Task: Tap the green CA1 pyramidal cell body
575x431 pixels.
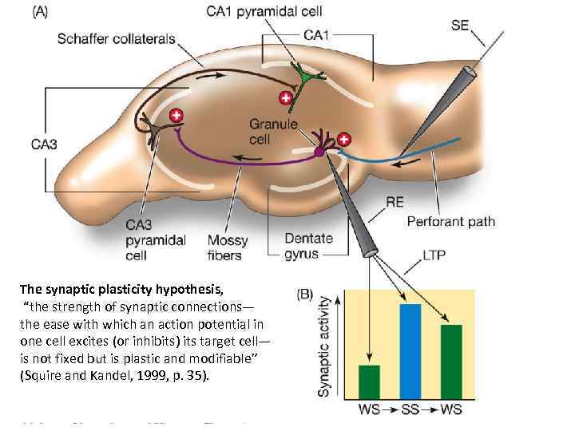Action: click(304, 80)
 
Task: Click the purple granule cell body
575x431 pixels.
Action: click(319, 151)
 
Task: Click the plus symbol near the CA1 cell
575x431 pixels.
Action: click(285, 98)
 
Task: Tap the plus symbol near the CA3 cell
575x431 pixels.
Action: click(176, 116)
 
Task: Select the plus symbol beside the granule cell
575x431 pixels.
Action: click(344, 140)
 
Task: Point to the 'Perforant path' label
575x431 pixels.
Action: click(451, 221)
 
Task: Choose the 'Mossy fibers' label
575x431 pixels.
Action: click(228, 247)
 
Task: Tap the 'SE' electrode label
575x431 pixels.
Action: click(460, 26)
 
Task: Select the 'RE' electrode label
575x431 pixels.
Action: click(395, 202)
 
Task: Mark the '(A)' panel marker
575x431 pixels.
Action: click(39, 14)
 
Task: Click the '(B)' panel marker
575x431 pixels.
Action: click(304, 294)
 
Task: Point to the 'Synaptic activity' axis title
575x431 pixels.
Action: click(325, 346)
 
